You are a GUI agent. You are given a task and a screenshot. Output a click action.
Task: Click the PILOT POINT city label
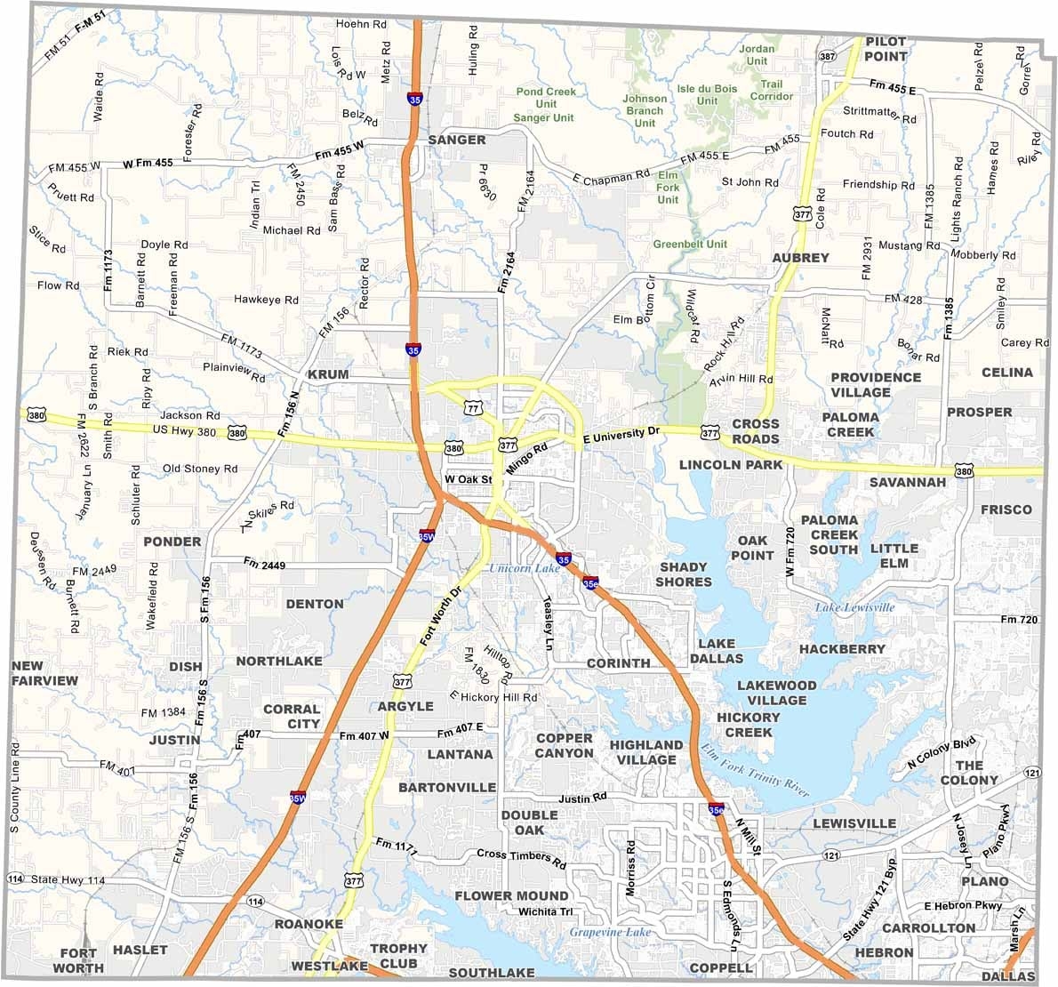click(886, 49)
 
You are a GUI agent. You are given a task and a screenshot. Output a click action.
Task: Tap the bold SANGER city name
click(457, 140)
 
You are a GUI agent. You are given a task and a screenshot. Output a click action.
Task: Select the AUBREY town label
click(800, 258)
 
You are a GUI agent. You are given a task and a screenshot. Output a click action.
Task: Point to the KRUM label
click(328, 374)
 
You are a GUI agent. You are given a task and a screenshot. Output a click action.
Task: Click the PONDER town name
click(172, 542)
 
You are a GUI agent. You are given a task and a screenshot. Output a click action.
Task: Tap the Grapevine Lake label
click(611, 932)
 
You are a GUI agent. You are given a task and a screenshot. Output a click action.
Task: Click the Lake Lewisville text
click(855, 607)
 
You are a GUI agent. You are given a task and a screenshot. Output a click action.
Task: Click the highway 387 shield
click(828, 57)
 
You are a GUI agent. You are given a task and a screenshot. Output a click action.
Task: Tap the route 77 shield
click(472, 408)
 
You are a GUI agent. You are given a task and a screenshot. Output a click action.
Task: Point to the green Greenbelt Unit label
click(690, 244)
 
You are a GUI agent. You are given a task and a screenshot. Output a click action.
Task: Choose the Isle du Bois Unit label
click(708, 94)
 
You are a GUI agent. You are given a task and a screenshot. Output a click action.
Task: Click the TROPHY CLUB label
click(398, 956)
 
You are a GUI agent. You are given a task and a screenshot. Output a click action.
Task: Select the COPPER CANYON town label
click(564, 745)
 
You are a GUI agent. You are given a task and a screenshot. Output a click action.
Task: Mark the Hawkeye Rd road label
click(266, 300)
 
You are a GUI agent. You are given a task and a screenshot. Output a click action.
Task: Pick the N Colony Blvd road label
click(942, 752)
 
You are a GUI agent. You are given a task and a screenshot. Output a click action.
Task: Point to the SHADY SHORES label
click(684, 574)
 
